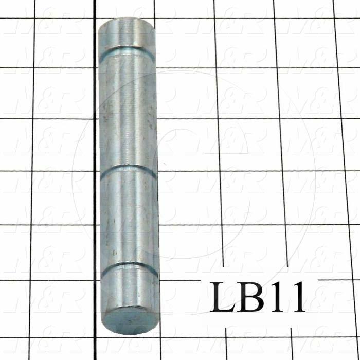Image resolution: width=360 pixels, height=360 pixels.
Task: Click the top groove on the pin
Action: pos(127,50)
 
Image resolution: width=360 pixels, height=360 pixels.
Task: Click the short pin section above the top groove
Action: pos(127,35)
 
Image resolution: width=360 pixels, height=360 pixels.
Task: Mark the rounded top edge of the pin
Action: pos(127,22)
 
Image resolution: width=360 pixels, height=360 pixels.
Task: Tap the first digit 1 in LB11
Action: pos(280,297)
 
